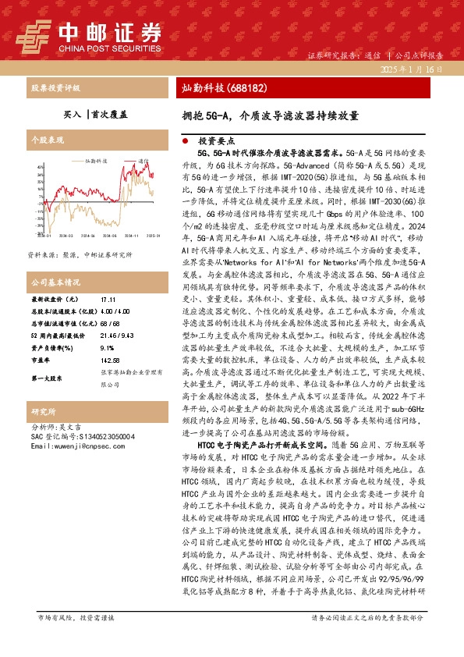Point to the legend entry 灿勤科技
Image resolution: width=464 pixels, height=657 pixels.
pos(95,159)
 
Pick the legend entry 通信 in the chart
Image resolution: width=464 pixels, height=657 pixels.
pos(143,159)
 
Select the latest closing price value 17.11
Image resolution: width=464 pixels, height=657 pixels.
pos(108,300)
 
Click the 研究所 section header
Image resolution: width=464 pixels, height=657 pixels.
pos(43,411)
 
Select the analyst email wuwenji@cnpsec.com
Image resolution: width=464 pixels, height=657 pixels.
pos(71,446)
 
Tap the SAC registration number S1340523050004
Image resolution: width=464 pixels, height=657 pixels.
pos(82,437)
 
